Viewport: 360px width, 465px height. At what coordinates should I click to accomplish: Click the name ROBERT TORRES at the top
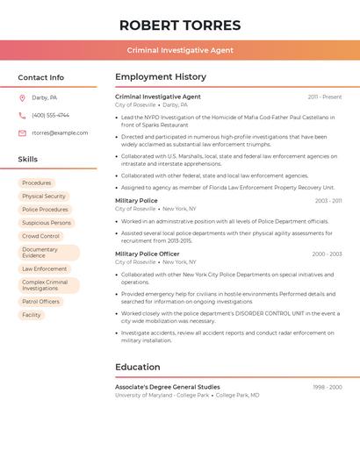180,25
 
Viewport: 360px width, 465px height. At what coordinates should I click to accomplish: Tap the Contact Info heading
41,77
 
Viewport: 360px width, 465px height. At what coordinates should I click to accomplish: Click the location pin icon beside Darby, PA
22,97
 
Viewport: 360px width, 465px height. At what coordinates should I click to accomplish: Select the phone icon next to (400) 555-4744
22,115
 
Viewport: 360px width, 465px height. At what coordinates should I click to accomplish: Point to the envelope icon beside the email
22,132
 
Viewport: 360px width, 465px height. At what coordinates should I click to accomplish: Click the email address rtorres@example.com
60,132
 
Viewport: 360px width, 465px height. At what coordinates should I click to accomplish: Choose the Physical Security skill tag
44,197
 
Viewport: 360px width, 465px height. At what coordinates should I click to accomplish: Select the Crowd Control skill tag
40,236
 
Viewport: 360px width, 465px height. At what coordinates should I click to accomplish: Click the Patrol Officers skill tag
40,302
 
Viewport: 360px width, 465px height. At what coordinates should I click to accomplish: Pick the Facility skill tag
32,315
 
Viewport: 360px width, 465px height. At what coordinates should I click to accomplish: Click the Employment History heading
161,77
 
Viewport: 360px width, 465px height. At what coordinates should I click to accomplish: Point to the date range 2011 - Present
324,97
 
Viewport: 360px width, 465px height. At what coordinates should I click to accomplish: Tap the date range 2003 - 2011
328,201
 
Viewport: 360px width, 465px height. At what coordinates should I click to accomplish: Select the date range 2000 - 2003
327,254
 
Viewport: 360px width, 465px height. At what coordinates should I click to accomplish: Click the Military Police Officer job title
147,254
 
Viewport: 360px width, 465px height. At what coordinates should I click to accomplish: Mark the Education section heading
138,367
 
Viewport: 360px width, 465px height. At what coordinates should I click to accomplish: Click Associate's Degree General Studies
168,387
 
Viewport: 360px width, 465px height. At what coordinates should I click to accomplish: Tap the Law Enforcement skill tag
45,268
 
